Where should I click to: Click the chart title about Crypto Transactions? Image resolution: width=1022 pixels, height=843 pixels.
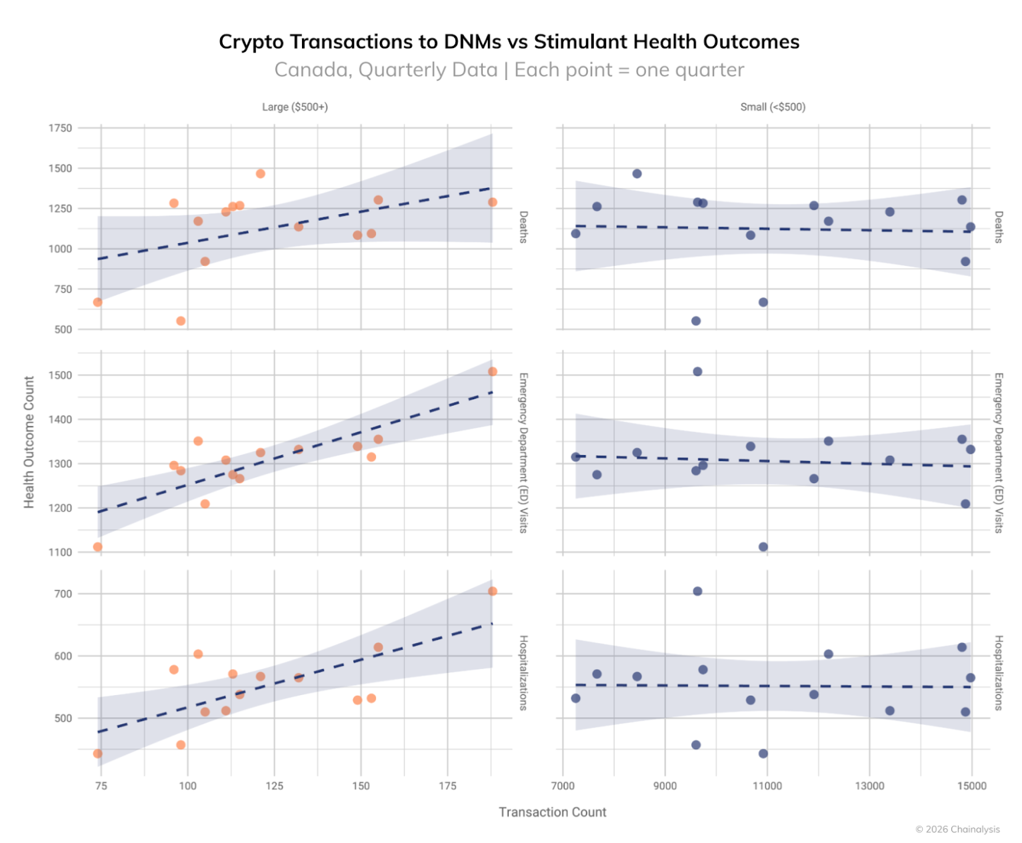509,41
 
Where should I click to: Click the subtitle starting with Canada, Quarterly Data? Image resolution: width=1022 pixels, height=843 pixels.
509,70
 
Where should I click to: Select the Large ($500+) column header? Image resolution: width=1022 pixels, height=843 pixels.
295,107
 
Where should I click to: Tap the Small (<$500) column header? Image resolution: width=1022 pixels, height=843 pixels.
773,107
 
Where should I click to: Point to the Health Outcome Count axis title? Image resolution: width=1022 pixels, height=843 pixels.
29,442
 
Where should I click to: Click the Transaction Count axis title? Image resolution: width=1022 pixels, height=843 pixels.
552,812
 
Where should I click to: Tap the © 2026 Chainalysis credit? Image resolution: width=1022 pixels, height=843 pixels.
957,829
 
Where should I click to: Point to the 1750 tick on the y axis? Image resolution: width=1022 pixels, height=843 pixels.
60,128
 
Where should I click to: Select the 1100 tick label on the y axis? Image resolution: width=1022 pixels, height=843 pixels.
60,552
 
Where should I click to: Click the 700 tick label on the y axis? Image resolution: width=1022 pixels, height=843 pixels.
63,594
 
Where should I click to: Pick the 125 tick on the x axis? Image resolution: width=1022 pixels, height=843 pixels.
274,786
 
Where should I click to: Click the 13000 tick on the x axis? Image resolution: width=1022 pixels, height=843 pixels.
869,786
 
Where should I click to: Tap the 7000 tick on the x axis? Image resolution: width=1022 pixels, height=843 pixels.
563,786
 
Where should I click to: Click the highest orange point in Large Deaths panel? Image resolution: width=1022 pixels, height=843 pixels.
261,174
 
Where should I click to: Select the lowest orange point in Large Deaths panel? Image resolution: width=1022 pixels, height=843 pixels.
181,321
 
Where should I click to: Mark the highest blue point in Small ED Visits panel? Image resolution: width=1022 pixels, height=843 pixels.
697,372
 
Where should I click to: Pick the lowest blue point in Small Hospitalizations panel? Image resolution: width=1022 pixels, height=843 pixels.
763,754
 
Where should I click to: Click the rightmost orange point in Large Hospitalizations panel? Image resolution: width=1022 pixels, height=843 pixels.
493,591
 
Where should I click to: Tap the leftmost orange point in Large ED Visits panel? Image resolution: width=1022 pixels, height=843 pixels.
98,547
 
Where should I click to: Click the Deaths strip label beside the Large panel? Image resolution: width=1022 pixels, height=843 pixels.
523,227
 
